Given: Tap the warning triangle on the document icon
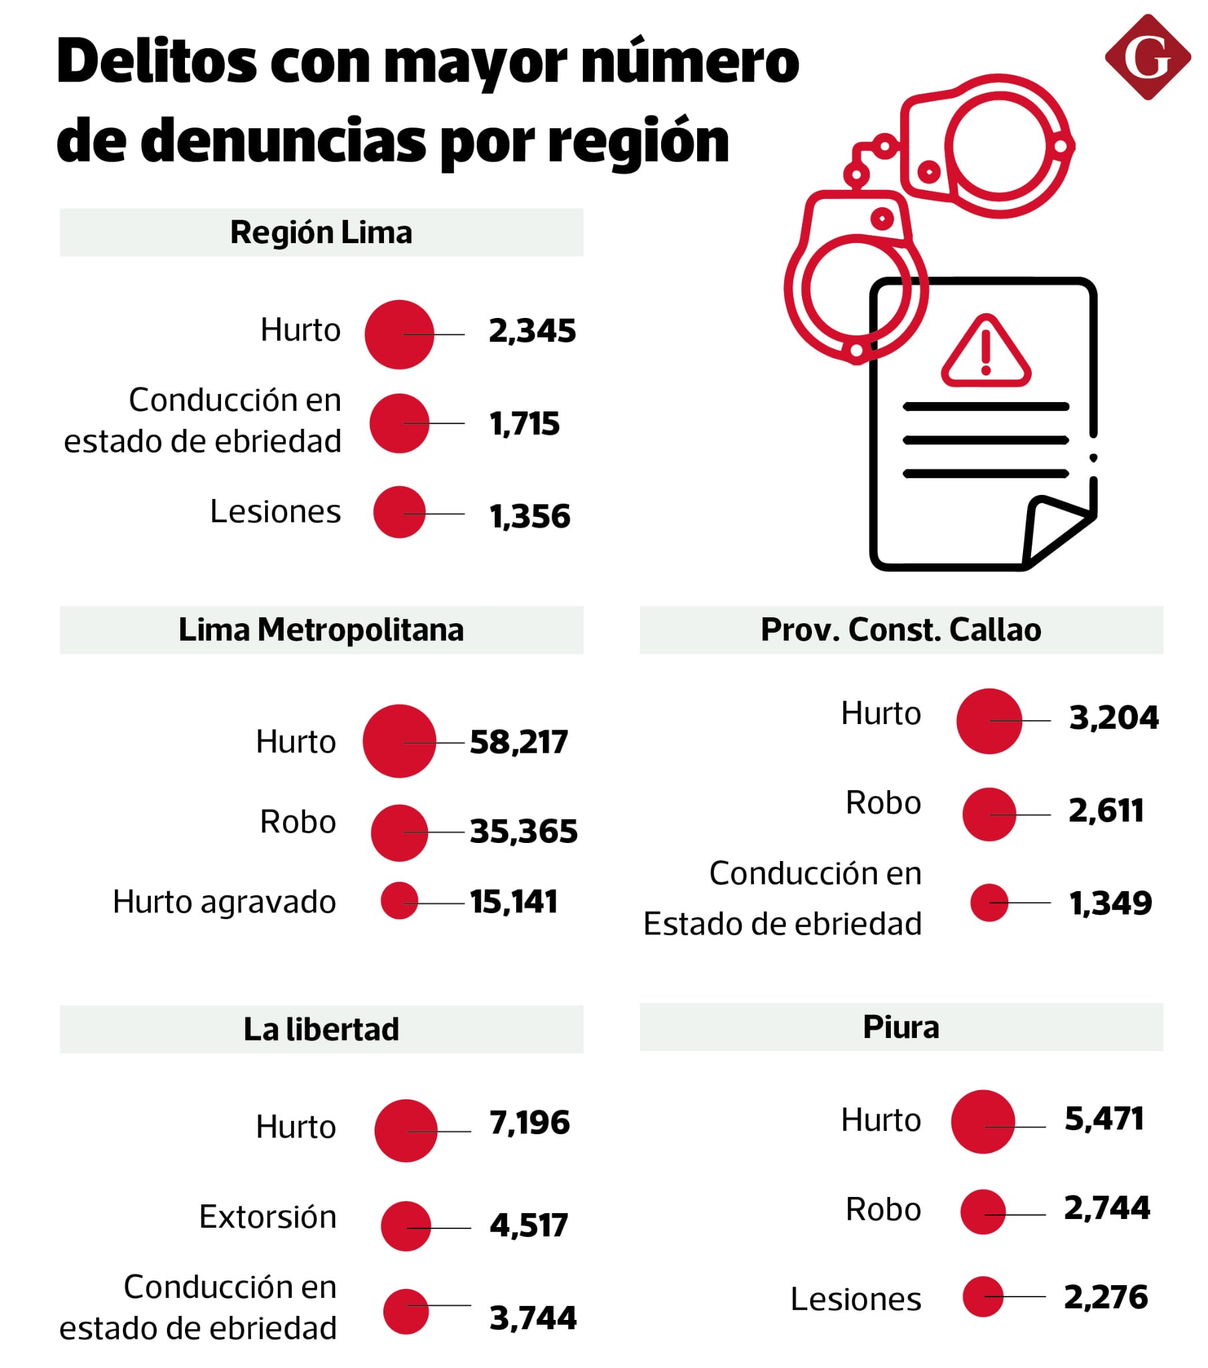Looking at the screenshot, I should [985, 353].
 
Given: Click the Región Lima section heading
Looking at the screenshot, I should [321, 232].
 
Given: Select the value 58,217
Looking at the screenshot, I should [518, 742].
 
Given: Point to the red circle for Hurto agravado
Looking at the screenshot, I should [399, 900].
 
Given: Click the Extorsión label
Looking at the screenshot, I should [267, 1217].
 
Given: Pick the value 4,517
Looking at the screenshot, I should [528, 1226].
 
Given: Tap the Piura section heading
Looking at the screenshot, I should [900, 1027].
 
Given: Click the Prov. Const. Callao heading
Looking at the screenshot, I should [900, 630].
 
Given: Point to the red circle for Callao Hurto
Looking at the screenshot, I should [988, 721].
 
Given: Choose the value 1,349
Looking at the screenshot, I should [1110, 904].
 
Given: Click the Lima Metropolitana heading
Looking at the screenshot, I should [321, 630].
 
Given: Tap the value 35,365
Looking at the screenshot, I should [523, 831].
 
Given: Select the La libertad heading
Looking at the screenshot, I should [321, 1029].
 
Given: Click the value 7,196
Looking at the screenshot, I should [529, 1122].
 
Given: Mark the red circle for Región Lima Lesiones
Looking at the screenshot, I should [399, 512].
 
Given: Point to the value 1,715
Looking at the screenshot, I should [524, 423].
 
